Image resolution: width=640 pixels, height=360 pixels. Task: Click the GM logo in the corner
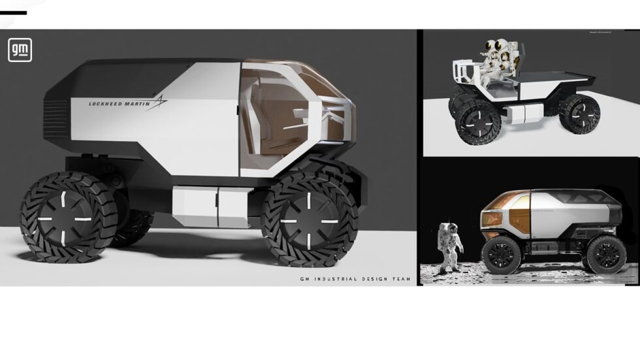click(x=20, y=50)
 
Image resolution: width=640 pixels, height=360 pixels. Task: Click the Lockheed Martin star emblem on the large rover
click(x=159, y=101)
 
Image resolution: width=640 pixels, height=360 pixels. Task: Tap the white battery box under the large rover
click(x=204, y=206)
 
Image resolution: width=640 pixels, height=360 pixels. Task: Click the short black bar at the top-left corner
click(x=13, y=12)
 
